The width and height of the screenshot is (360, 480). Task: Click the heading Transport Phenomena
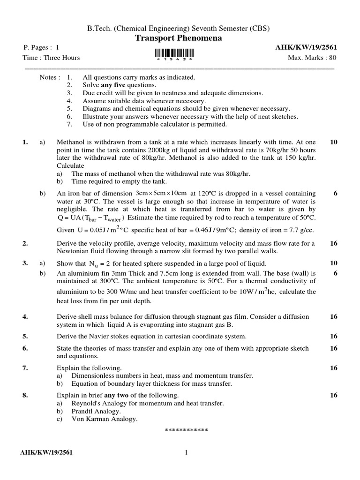179,38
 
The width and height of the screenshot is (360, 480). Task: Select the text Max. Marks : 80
312,58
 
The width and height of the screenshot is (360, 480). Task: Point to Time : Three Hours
51,58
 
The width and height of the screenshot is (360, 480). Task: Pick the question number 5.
25,337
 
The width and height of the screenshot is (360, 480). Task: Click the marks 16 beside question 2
334,243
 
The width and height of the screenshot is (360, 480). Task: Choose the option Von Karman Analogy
105,420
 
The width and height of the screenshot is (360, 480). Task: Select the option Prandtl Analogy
96,412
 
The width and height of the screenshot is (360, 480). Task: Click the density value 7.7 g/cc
301,230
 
